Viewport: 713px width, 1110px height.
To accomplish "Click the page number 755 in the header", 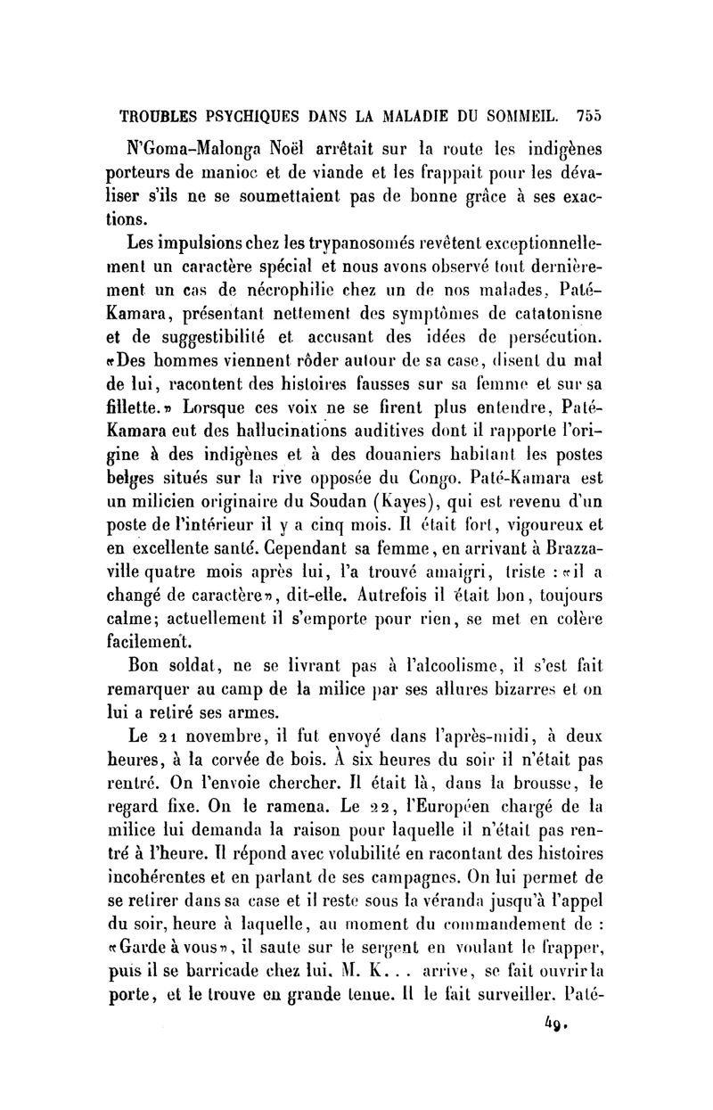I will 590,114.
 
